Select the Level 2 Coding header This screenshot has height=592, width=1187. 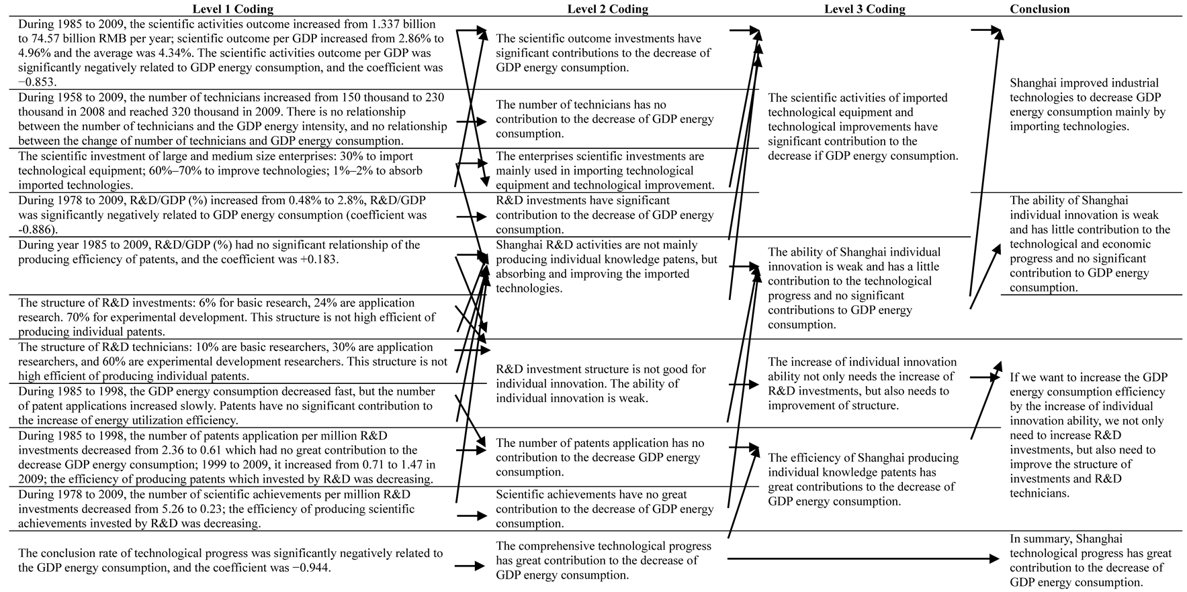click(x=607, y=9)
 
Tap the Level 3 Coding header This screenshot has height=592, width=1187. click(x=865, y=9)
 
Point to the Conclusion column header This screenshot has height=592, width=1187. click(x=1039, y=9)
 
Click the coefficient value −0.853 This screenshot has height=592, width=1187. click(x=38, y=82)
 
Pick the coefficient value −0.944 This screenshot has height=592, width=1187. click(x=309, y=568)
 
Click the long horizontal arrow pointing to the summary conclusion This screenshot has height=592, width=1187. click(x=860, y=558)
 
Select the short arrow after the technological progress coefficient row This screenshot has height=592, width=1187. click(x=470, y=566)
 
